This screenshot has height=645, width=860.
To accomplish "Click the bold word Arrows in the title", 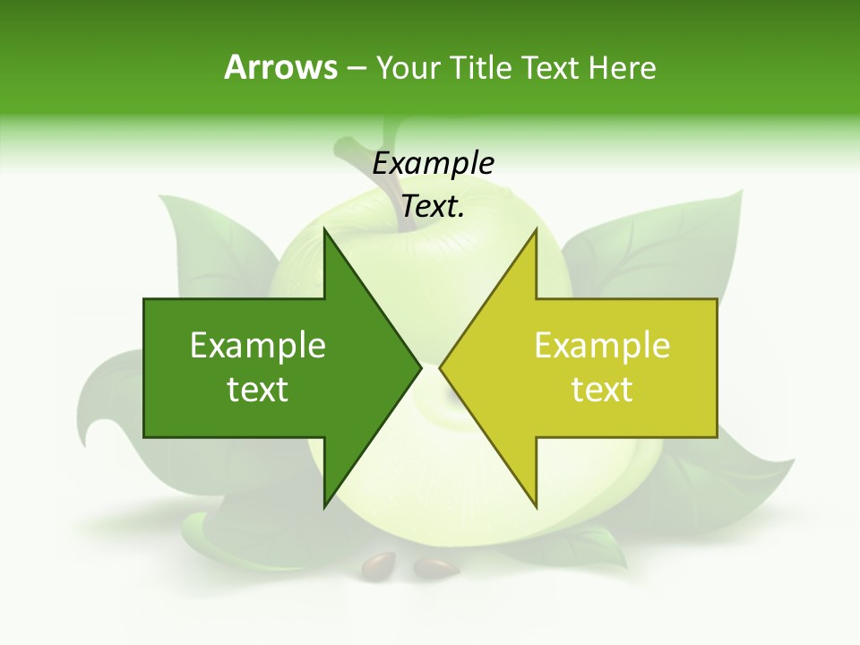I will [x=280, y=67].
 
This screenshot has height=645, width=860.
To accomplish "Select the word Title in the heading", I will [x=480, y=67].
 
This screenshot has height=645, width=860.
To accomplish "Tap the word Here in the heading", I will [x=622, y=67].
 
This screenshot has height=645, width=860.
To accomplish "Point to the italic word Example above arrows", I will [x=434, y=163].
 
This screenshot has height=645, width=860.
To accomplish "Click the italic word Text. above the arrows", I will [x=433, y=207].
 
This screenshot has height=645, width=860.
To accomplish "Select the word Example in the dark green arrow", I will [x=258, y=346].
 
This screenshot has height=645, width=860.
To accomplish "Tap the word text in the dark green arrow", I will [x=258, y=390].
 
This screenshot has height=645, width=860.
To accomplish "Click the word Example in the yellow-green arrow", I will [x=602, y=346].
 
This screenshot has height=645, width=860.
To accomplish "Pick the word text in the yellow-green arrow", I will [x=602, y=390].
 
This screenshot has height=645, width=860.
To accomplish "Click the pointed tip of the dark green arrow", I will [x=420, y=366].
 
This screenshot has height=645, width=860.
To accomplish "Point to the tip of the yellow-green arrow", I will [x=442, y=366].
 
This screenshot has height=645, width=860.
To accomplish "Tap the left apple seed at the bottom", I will [x=377, y=564].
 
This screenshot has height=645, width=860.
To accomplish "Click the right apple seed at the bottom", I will [x=435, y=567].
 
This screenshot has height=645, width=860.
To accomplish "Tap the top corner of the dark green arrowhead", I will [x=325, y=230].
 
